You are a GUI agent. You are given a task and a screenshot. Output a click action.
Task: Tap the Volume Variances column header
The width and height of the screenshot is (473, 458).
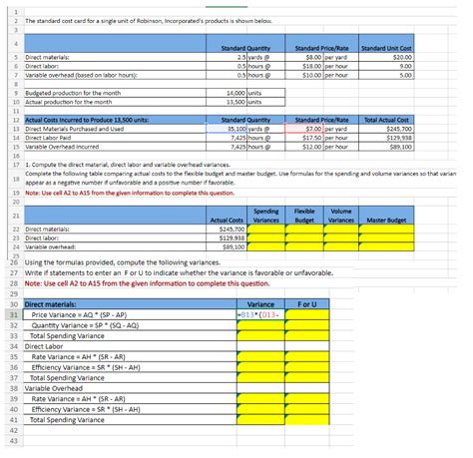click(x=339, y=215)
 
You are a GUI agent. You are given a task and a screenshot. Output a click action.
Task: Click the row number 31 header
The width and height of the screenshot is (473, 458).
click(x=13, y=313)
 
